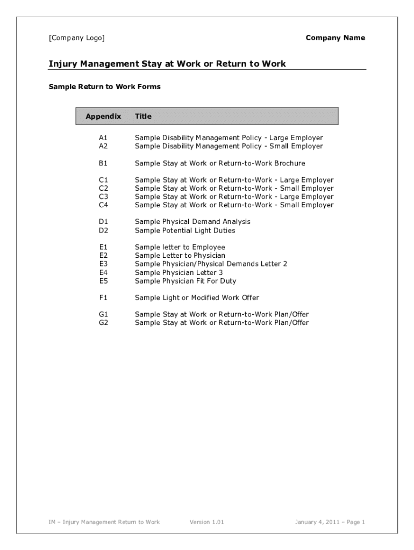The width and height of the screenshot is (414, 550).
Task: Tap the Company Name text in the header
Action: (x=335, y=38)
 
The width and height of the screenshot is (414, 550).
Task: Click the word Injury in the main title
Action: (x=63, y=64)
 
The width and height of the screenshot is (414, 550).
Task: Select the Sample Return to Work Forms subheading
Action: (x=104, y=86)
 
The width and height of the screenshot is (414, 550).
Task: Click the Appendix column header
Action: (x=103, y=116)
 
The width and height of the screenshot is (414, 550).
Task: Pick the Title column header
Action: (x=143, y=116)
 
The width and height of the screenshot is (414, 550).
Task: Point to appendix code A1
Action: (x=103, y=138)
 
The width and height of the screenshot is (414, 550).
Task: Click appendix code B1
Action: (x=103, y=163)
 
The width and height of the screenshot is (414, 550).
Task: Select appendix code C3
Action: (x=103, y=197)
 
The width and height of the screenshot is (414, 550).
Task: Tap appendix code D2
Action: (x=103, y=230)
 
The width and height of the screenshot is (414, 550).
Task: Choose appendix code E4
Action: (x=103, y=272)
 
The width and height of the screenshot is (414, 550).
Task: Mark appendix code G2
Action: (x=103, y=323)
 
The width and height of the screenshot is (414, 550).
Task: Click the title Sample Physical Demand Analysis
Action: (x=192, y=222)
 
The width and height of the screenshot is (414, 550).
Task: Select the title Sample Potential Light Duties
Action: (x=185, y=230)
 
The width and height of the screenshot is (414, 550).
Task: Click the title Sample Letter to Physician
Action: (x=180, y=256)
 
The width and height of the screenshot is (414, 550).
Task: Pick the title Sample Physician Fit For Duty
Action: (x=185, y=281)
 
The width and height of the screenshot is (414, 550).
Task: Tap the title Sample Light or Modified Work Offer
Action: (x=197, y=298)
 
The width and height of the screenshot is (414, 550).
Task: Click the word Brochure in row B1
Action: (x=290, y=163)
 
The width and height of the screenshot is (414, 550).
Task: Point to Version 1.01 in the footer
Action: (x=207, y=522)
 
